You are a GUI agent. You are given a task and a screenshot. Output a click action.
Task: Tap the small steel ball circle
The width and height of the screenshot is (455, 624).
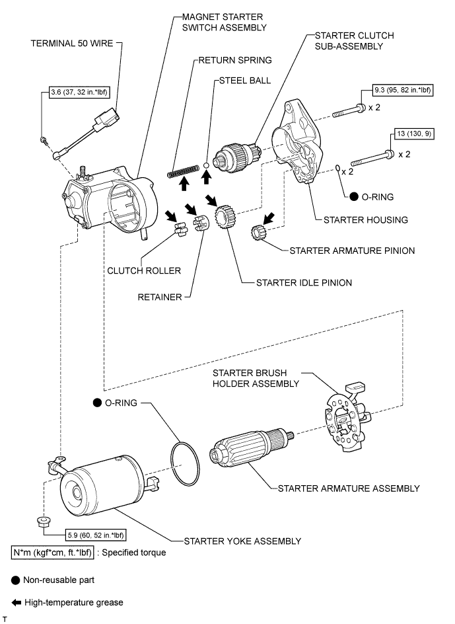pyautogui.click(x=206, y=163)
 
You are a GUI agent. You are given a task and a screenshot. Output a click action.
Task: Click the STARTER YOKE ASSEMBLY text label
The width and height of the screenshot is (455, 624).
pyautogui.click(x=242, y=541)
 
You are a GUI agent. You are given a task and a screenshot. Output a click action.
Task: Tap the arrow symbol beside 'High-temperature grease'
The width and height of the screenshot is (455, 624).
pyautogui.click(x=16, y=602)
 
